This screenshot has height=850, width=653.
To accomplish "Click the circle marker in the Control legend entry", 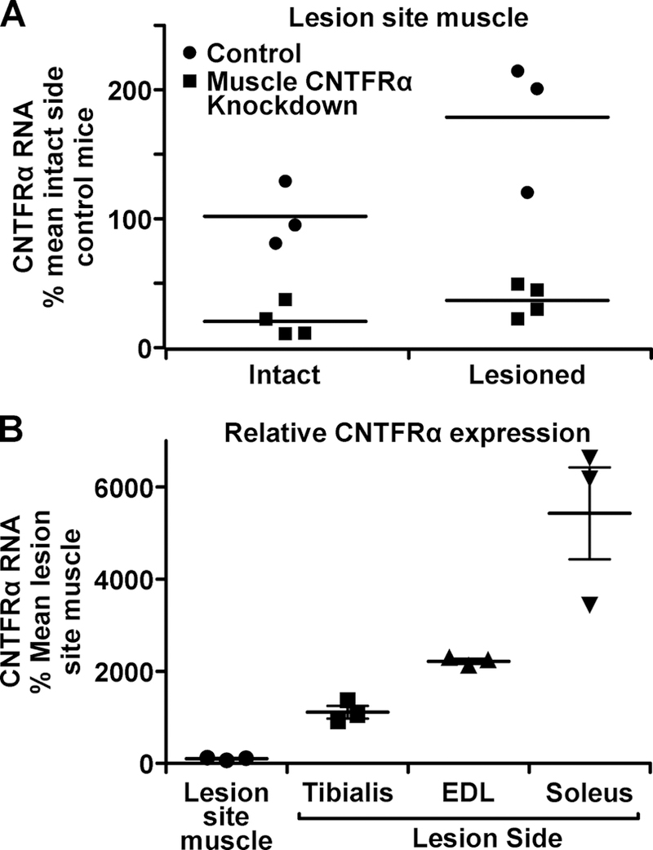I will point(189,54).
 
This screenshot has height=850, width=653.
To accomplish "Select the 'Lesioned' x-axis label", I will point(527,375).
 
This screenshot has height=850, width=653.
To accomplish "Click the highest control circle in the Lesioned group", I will point(517,71).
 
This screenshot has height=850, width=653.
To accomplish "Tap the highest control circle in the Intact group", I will point(285,180).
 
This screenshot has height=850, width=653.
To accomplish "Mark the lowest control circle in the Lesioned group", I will point(526,193).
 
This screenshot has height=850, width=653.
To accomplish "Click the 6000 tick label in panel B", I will point(122,487).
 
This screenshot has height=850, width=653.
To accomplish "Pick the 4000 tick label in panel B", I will point(122,579).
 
